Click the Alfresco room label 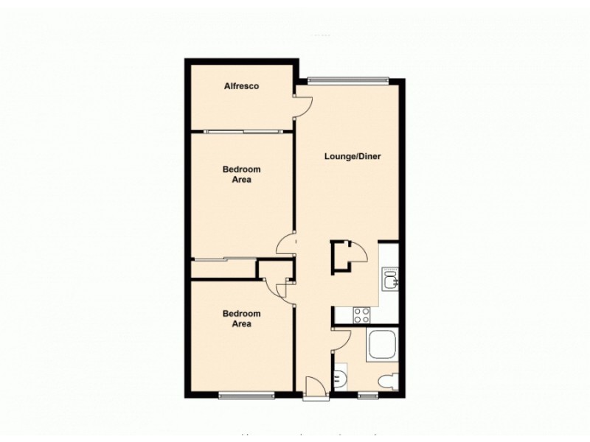241,87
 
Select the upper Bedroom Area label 241,174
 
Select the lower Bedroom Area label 241,318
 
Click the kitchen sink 389,278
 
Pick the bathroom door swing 341,340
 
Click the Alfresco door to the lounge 302,105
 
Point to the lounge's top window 347,79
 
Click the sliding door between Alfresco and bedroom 244,131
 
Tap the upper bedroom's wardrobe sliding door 223,259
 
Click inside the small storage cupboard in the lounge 344,257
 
